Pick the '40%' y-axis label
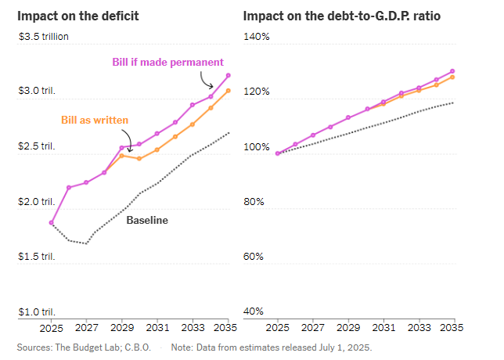pyautogui.click(x=254, y=311)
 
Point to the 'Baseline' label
pyautogui.click(x=147, y=221)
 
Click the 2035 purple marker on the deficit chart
pyautogui.click(x=228, y=75)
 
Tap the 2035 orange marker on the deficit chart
pyautogui.click(x=228, y=91)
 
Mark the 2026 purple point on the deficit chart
pyautogui.click(x=69, y=187)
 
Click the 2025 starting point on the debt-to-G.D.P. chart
pyautogui.click(x=278, y=153)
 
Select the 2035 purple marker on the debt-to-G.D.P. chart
pyautogui.click(x=453, y=71)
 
